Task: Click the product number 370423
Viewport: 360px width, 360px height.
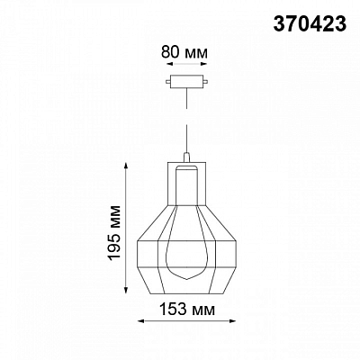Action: tap(310, 23)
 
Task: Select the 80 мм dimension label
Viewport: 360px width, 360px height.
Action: tap(184, 52)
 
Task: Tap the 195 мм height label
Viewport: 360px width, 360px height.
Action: tap(115, 233)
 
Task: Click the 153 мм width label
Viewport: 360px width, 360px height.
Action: tap(187, 309)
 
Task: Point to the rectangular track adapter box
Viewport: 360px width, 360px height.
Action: tap(186, 82)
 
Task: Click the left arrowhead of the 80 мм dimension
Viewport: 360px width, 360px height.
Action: tap(170, 64)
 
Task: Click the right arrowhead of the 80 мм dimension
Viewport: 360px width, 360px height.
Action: tap(204, 64)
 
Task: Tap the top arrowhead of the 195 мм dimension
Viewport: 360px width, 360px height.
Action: tap(127, 166)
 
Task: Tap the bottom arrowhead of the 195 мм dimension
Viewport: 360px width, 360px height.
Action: tap(127, 290)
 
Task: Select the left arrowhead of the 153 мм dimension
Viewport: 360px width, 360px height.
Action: tap(141, 321)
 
